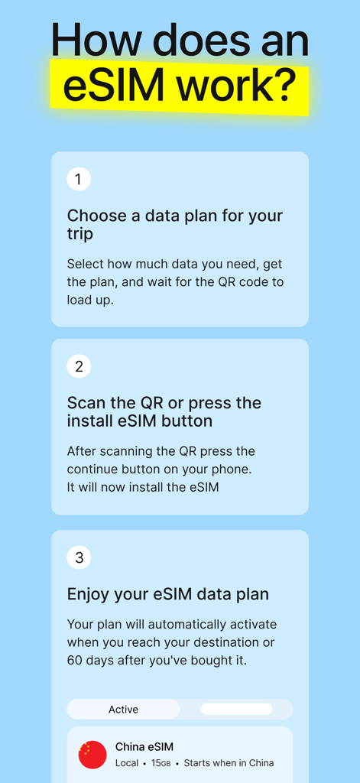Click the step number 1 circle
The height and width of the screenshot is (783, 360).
click(79, 179)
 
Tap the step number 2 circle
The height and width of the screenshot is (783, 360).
click(79, 366)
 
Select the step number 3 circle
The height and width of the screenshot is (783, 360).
click(79, 557)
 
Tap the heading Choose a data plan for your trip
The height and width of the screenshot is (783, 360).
click(174, 224)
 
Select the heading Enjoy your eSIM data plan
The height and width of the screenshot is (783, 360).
click(167, 594)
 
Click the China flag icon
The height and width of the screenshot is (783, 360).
click(92, 755)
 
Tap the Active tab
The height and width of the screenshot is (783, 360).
click(123, 710)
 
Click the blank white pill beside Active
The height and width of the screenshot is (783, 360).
click(236, 710)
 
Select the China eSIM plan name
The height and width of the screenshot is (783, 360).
click(144, 747)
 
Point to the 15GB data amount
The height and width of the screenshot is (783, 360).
click(161, 763)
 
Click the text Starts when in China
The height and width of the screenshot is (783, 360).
click(229, 763)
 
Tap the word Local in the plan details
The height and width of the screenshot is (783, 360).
click(127, 763)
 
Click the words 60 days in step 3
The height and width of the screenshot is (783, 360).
click(92, 660)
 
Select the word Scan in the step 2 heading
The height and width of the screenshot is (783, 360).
click(86, 403)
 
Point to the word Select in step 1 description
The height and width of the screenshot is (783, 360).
click(86, 264)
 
